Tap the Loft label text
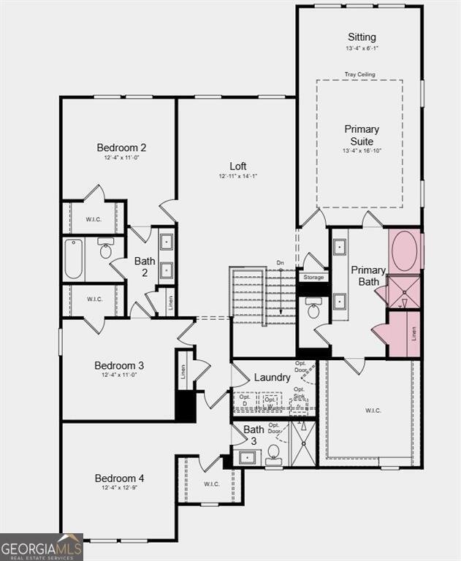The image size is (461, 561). (x=238, y=166)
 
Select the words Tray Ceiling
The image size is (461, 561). (x=359, y=74)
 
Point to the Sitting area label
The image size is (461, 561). (x=362, y=37)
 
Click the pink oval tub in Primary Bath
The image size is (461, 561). (x=405, y=251)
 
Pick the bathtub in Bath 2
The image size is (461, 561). (x=73, y=259)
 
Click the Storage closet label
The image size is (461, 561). (x=313, y=278)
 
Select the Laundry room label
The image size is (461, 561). (x=272, y=378)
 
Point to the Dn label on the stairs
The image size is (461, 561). (x=280, y=263)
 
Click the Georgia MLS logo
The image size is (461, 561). (x=41, y=548)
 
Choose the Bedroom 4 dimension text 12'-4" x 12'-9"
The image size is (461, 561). (x=119, y=488)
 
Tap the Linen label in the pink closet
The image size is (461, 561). (x=414, y=335)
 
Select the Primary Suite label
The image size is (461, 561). (x=362, y=135)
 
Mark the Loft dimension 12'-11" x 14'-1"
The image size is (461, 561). (x=238, y=176)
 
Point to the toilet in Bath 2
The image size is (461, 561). (x=105, y=251)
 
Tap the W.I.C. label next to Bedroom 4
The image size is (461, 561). (x=211, y=484)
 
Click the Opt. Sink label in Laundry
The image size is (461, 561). (x=299, y=392)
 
